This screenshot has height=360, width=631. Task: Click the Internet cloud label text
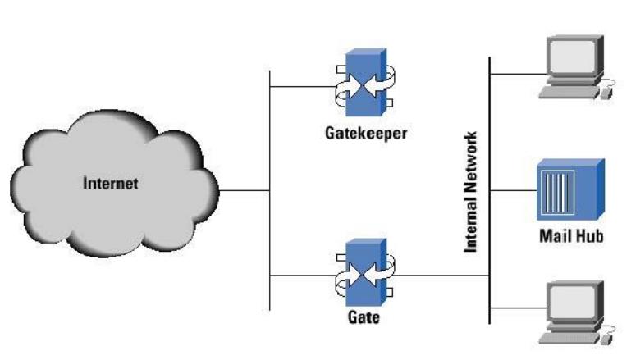(111, 184)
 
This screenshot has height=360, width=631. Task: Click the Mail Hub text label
(571, 236)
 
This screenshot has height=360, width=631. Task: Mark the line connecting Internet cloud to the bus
(244, 191)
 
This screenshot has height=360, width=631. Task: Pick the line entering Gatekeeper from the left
(299, 85)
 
